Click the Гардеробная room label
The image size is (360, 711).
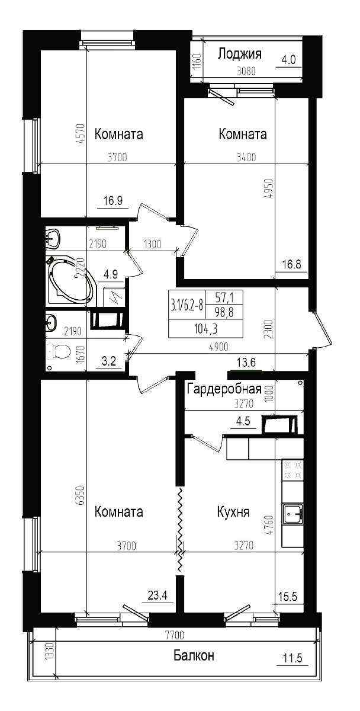click(224, 389)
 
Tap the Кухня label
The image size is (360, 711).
click(233, 512)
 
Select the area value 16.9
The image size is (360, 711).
click(112, 200)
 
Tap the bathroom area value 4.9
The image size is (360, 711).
click(110, 274)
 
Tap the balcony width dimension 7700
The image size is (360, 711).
click(175, 635)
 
